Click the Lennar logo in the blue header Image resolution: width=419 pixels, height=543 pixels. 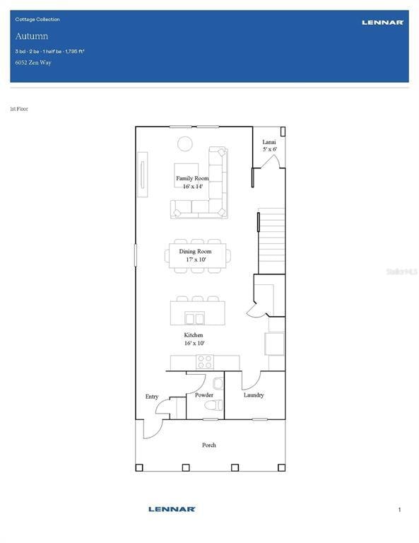click(382, 23)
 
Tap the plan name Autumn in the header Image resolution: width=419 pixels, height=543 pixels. click(31, 36)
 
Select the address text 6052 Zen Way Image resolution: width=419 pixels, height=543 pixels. click(33, 63)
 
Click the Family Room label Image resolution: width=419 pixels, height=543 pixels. click(191, 179)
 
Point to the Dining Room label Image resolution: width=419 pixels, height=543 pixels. click(195, 252)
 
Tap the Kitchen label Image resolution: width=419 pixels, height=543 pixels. click(194, 335)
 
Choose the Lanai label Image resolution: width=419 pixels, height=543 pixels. click(269, 142)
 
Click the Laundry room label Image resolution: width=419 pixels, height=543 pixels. click(254, 395)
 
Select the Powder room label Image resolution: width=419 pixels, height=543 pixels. click(204, 395)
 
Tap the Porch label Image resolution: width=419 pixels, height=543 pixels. click(209, 445)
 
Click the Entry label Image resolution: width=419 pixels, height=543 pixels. click(152, 397)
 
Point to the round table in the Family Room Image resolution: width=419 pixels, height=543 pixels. click(184, 144)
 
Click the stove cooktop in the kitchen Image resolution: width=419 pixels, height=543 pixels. click(204, 362)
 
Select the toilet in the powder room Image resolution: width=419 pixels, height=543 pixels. click(214, 405)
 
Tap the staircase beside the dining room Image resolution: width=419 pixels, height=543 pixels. click(271, 240)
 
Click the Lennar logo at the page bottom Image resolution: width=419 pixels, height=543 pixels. click(172, 509)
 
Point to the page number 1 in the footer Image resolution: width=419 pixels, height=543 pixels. click(399, 510)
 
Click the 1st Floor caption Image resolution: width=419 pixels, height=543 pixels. click(19, 109)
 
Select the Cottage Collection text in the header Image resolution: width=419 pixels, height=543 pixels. click(37, 20)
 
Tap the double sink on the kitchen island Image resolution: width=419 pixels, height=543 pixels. click(194, 318)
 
